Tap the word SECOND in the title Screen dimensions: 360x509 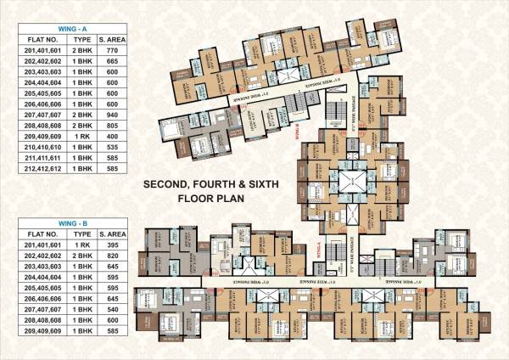click(x=166, y=183)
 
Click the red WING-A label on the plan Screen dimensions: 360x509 click(x=317, y=249)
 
